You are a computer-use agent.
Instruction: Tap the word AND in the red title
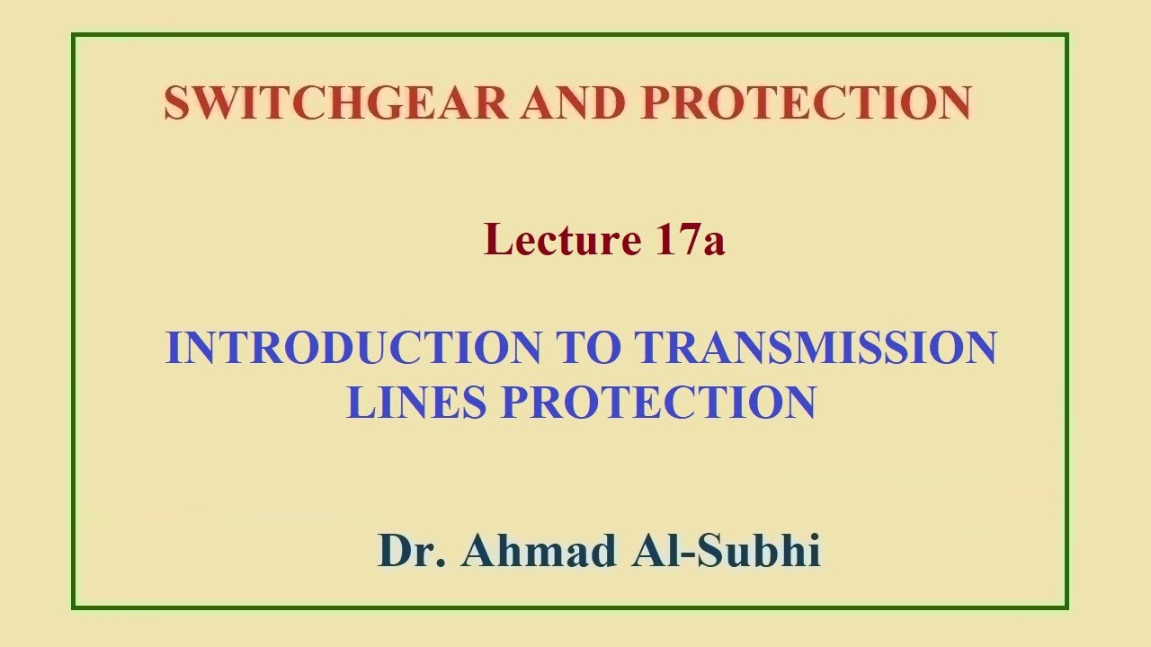pyautogui.click(x=573, y=102)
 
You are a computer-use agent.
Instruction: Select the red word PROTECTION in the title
pyautogui.click(x=806, y=102)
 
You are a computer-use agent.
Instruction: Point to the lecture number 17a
pyautogui.click(x=689, y=240)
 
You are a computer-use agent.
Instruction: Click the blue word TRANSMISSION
pyautogui.click(x=816, y=348)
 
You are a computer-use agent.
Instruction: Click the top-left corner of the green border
pyautogui.click(x=74, y=36)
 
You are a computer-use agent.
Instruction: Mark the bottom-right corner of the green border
pyautogui.click(x=1066, y=607)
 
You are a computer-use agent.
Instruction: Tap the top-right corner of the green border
pyautogui.click(x=1066, y=36)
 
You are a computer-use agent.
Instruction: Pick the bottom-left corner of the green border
pyautogui.click(x=74, y=607)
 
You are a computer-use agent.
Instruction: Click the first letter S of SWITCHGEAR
pyautogui.click(x=176, y=102)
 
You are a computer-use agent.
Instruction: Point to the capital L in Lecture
pyautogui.click(x=497, y=240)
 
